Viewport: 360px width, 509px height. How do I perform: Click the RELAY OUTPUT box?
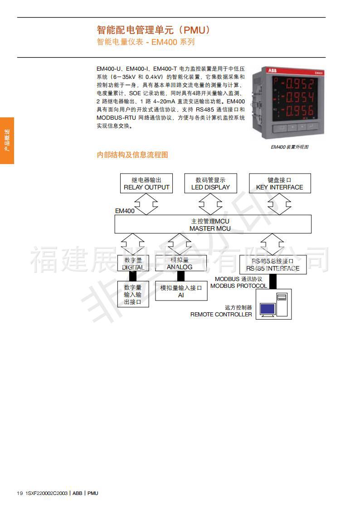(146, 184)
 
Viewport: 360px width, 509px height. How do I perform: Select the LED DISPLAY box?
(210, 184)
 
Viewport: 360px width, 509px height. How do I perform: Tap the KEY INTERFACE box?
(279, 184)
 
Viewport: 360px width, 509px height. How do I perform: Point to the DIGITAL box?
(133, 264)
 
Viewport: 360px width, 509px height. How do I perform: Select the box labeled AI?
(181, 291)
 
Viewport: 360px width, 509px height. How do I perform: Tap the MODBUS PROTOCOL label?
(238, 283)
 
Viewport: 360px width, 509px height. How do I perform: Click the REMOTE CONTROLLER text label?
(221, 314)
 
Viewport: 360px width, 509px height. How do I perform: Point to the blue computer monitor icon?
(267, 309)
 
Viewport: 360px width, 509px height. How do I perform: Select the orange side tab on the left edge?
(7, 141)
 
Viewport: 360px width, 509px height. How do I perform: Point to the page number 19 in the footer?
(19, 493)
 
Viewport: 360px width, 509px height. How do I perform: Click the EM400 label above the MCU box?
(125, 211)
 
